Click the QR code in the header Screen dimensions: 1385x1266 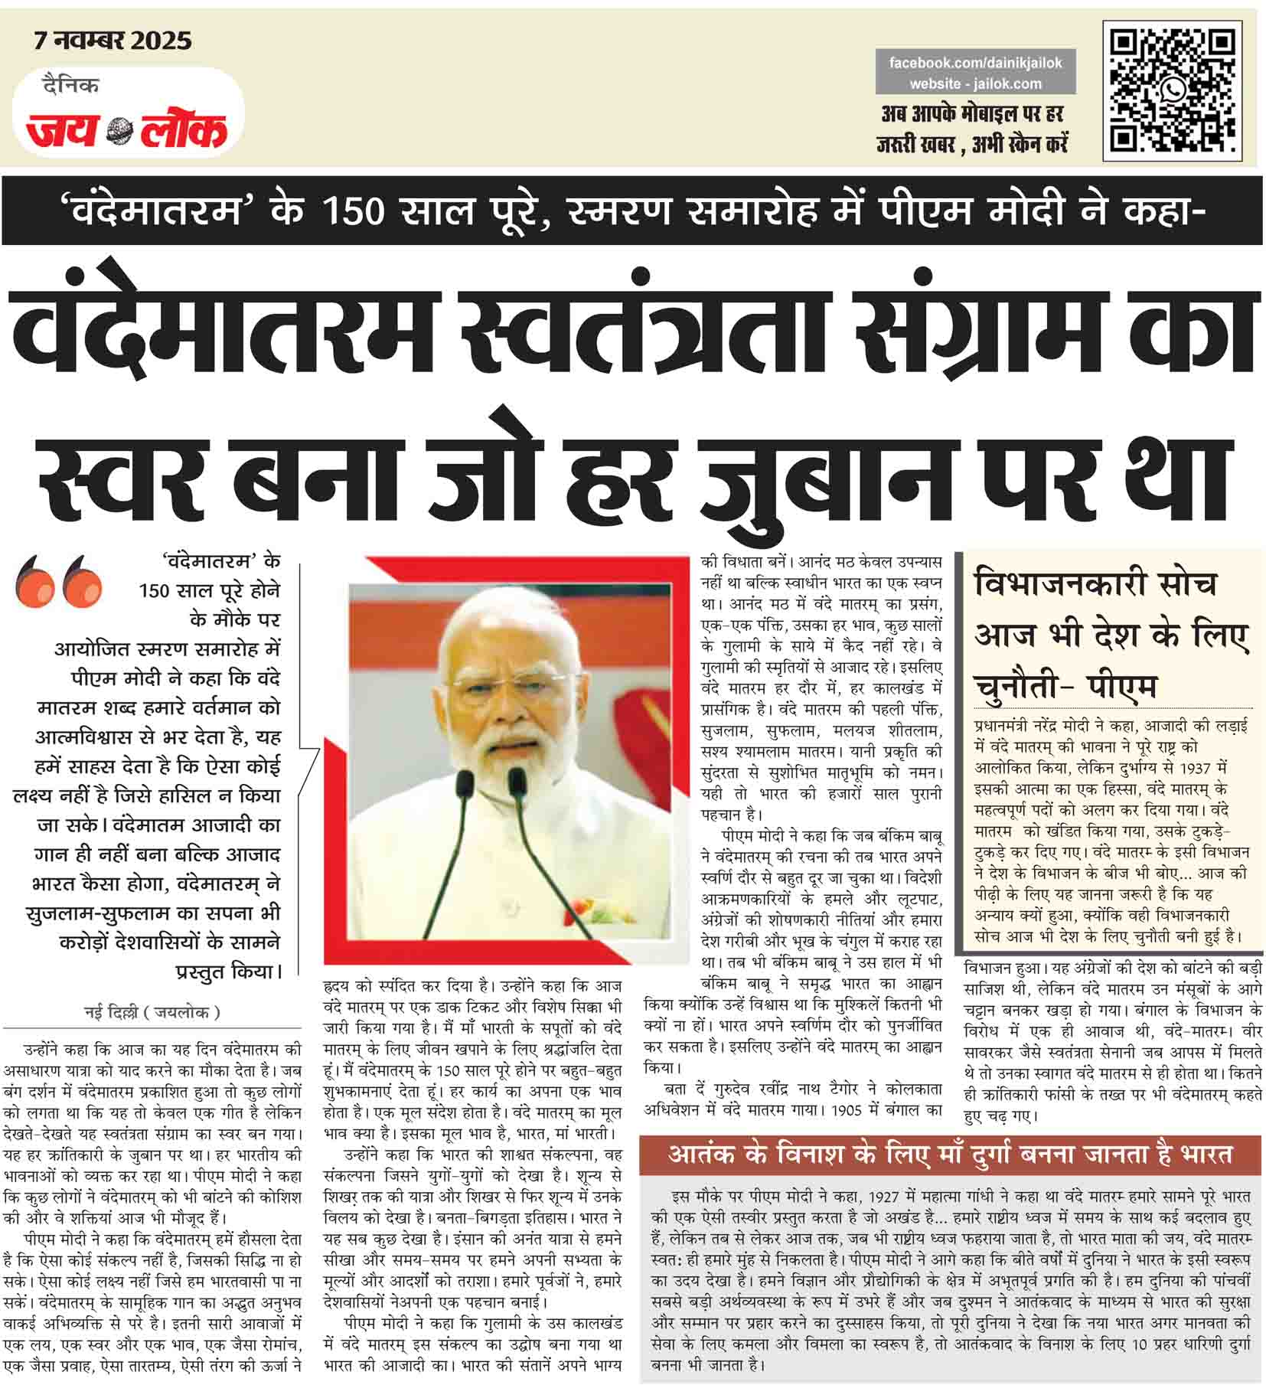click(x=1173, y=90)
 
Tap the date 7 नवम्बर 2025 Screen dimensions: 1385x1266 click(x=113, y=41)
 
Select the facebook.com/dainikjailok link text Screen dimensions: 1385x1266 click(x=975, y=63)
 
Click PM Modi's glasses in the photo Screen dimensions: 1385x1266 click(x=504, y=680)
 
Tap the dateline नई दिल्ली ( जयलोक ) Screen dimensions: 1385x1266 click(x=152, y=1012)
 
